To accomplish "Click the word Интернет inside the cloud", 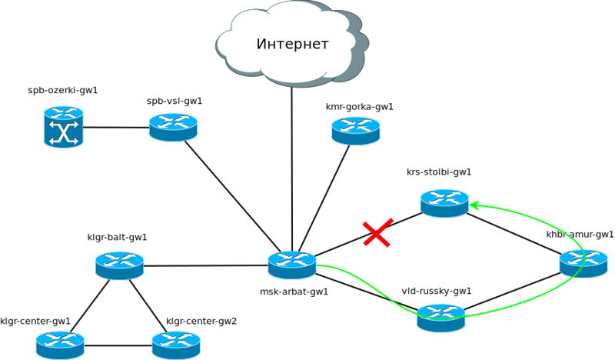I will (x=292, y=45).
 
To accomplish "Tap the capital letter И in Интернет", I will (x=261, y=45).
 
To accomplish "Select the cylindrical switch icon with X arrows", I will (x=63, y=127).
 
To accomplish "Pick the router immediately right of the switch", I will (x=173, y=127).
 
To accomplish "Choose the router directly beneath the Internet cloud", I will (x=356, y=130).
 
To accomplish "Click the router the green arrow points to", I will (x=444, y=203).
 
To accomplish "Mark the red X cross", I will (x=377, y=233).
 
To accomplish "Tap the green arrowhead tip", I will (x=471, y=205).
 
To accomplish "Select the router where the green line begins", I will (x=292, y=265).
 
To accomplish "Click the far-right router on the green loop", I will (x=583, y=263).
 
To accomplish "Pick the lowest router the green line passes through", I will (x=440, y=317).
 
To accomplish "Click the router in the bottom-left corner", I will (x=60, y=345).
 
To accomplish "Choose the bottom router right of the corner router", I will (x=175, y=345).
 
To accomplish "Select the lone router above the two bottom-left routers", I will (x=119, y=265).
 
